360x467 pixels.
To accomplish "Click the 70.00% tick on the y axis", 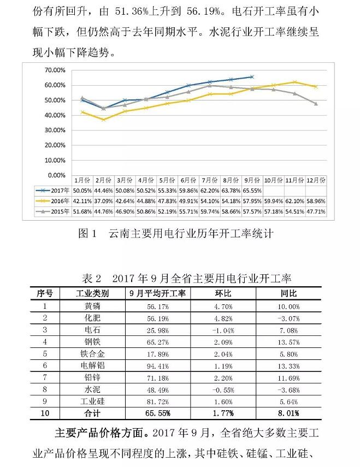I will point(54,70).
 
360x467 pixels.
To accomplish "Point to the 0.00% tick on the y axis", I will point(55,175).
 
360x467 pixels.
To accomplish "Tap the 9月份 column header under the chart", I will point(251,180).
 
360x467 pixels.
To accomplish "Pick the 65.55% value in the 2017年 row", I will point(251,191).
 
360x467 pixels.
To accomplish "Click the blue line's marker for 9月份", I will point(251,77).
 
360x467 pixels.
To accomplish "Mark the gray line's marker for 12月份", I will point(316,104).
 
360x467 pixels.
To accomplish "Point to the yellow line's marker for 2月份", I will point(104,120).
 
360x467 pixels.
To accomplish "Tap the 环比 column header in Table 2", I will point(223,293).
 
